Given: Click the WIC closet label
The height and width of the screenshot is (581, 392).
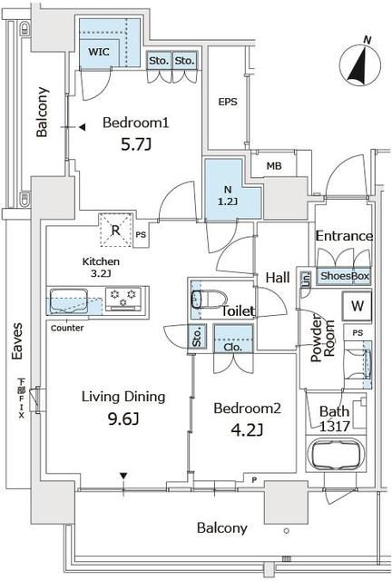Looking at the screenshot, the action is pos(99,52).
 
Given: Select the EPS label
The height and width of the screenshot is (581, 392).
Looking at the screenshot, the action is pos(228,102).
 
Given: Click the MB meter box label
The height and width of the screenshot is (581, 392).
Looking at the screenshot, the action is pos(274,166).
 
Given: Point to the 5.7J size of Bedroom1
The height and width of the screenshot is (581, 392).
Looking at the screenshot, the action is pos(136,144).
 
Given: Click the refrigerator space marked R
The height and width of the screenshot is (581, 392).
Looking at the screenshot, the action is pos(116,230).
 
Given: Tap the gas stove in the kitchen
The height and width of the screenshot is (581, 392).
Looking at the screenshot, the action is pos(123,299).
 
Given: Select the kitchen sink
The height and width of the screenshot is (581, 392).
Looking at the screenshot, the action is pos(69,300).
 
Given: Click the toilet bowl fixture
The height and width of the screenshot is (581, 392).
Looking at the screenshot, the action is pos(209,299).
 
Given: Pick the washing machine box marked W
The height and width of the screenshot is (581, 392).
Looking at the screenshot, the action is pos(358,306).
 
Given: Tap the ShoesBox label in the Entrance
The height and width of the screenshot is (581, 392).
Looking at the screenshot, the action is pos(345,276).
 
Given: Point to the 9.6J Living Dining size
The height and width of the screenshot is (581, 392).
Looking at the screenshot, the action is pos(123,419).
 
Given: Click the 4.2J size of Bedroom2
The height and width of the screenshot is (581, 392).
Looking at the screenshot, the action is pos(247,430).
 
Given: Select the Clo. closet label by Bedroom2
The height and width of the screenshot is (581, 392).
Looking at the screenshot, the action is pos(233,348).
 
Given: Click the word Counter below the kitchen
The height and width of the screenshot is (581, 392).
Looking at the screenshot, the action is pos(67,328).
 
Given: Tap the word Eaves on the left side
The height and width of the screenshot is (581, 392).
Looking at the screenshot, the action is pos(17,341).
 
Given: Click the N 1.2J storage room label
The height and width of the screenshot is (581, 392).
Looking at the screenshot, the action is pos(228,195).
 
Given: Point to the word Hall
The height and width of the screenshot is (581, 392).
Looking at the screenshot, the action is pos(278,277).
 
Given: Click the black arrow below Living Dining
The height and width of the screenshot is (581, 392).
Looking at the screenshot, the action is pos(123,476).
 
